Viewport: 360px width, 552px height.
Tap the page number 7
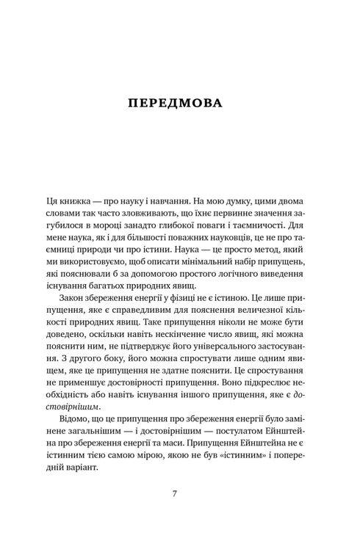click(174, 493)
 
